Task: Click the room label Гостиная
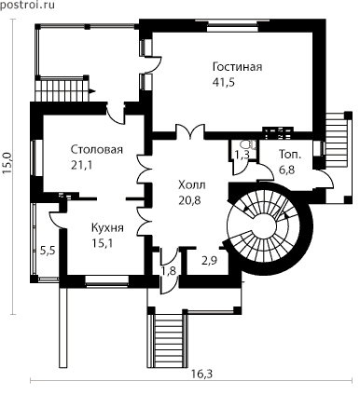tap(237, 67)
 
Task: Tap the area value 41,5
tap(224, 82)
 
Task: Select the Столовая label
tap(97, 149)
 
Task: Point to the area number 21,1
tap(81, 165)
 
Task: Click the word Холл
tap(192, 185)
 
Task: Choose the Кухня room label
tap(107, 227)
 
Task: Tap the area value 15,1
tap(102, 243)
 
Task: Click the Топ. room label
tap(290, 155)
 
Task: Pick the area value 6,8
tap(287, 170)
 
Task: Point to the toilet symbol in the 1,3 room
tap(249, 144)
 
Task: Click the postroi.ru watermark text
tap(27, 5)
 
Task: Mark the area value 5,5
tap(48, 250)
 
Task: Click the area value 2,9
tap(209, 261)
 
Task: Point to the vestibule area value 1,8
tap(168, 270)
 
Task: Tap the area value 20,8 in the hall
tap(189, 200)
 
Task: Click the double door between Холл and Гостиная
tap(190, 131)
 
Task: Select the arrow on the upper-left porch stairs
tap(92, 91)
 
